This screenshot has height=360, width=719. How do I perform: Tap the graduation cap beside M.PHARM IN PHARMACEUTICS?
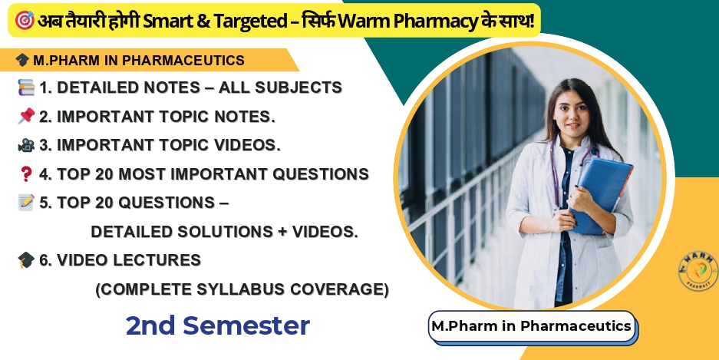point(22,60)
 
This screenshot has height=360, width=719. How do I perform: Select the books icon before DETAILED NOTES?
point(25,88)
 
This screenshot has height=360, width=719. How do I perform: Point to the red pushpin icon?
point(25,116)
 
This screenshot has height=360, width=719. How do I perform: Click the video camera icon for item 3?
point(25,145)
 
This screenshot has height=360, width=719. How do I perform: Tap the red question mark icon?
point(25,174)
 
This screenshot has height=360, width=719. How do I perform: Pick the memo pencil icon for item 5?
point(25,203)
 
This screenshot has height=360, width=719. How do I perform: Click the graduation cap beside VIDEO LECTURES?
point(25,260)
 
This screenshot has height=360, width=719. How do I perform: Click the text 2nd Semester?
point(218,325)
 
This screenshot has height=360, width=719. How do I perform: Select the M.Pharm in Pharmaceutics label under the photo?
point(531,325)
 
